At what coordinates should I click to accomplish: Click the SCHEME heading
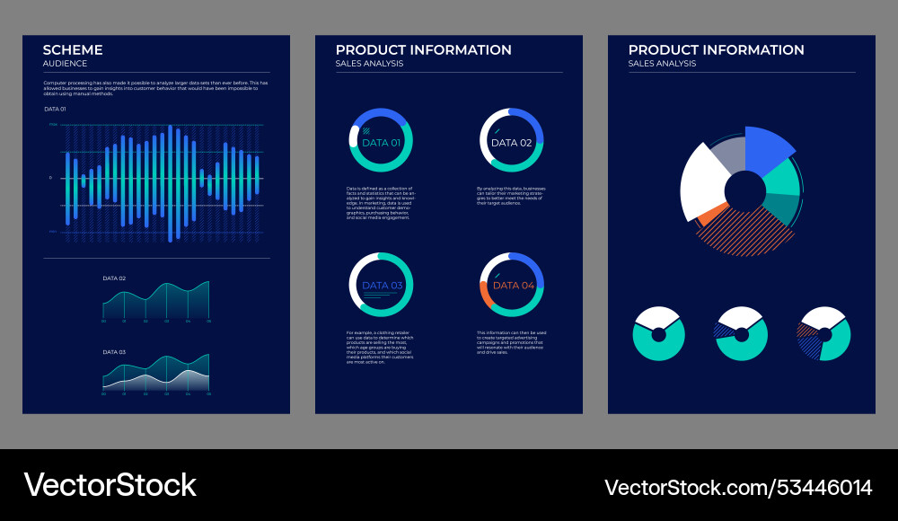(73, 50)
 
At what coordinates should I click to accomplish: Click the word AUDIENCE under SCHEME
(66, 64)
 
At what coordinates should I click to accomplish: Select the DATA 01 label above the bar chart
(55, 109)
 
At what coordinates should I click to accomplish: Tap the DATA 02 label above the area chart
(114, 278)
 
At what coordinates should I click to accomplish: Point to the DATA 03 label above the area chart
(114, 352)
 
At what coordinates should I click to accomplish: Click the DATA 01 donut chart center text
(381, 143)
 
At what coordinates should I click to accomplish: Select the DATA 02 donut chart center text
(512, 143)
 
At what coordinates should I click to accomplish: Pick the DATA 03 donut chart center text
(383, 286)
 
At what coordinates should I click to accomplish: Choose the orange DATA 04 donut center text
(514, 286)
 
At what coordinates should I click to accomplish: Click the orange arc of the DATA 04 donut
(485, 294)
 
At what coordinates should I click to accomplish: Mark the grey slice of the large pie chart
(728, 154)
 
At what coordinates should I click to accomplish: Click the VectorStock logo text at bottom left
(110, 485)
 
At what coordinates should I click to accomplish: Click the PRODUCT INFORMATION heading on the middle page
(423, 50)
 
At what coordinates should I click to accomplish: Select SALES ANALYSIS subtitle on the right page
(662, 64)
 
